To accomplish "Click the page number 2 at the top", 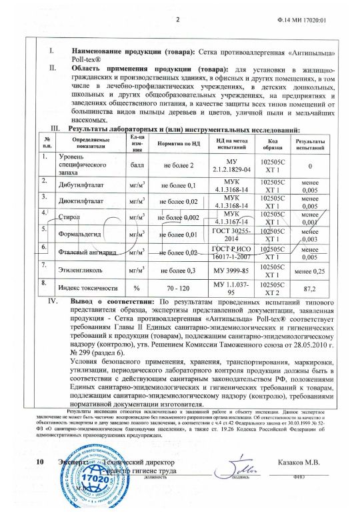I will tap(178, 19).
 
